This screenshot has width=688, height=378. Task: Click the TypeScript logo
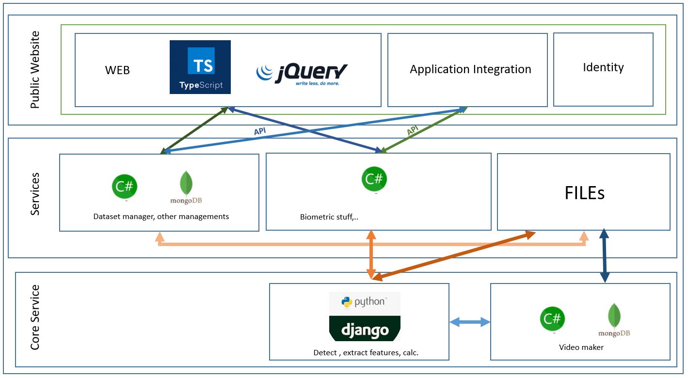point(200,67)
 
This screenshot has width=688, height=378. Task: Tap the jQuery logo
point(302,74)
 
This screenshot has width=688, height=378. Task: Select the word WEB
point(117,70)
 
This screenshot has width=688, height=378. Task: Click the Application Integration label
point(470,69)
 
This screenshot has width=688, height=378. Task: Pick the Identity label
point(603,67)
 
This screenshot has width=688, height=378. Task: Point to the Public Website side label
point(35,70)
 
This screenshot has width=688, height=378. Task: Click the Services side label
point(35,194)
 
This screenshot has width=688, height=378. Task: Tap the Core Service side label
point(35,317)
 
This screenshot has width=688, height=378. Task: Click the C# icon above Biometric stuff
point(374,180)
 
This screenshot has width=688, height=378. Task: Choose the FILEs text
point(584,193)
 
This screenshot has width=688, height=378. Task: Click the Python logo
point(365,302)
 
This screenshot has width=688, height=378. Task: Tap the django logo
point(365,330)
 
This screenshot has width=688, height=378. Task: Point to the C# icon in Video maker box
point(553,319)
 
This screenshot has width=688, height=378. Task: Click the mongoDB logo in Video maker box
point(614,320)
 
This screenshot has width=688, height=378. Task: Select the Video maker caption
point(581,347)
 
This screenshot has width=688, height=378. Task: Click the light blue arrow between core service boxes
point(470,322)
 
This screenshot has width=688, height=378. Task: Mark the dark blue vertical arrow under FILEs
point(605,255)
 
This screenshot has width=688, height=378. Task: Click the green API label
point(413,131)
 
